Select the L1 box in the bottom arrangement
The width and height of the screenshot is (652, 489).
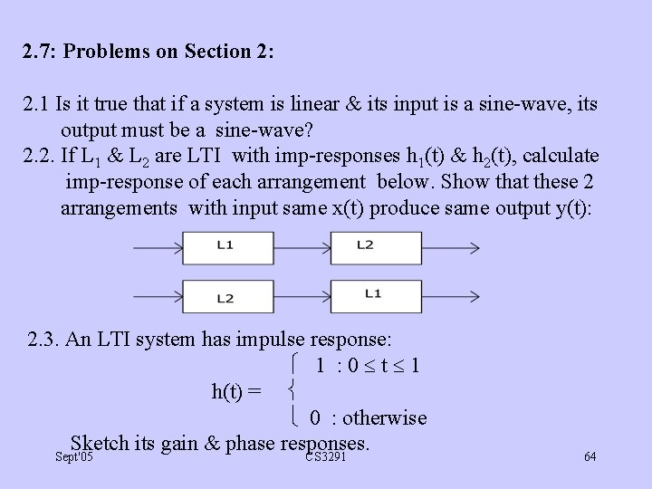click(364, 295)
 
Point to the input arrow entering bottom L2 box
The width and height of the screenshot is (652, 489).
click(158, 296)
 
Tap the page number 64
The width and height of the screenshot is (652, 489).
click(590, 456)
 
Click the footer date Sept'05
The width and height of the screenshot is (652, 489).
click(73, 457)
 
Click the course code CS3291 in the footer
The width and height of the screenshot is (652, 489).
click(325, 457)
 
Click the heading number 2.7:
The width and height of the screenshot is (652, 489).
click(40, 52)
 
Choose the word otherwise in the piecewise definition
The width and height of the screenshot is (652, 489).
click(385, 418)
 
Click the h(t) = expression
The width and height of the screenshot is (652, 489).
click(236, 391)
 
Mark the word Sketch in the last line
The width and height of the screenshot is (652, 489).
click(100, 443)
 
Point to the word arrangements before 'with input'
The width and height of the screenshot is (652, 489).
click(119, 207)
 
